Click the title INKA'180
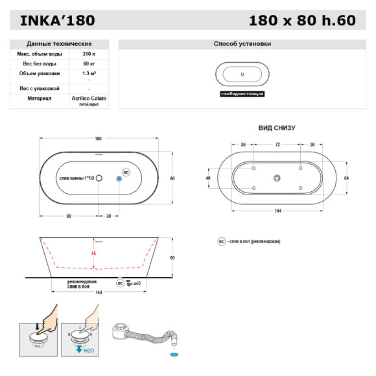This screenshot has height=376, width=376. (x=57, y=20)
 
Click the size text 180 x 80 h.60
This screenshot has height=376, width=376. (x=302, y=20)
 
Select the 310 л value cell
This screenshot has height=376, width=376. (x=88, y=54)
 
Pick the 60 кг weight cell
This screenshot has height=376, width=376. (x=88, y=64)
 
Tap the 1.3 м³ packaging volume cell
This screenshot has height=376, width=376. (x=88, y=75)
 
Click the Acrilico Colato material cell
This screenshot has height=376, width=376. (x=89, y=99)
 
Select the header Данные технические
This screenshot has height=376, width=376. (x=60, y=43)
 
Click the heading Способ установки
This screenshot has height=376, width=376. (x=242, y=43)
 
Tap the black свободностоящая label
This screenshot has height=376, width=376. (x=242, y=93)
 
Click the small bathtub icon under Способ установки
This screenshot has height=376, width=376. (x=242, y=73)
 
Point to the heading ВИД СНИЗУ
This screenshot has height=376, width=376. (x=277, y=128)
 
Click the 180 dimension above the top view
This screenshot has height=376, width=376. (x=99, y=139)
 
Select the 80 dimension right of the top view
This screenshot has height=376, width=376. (x=172, y=178)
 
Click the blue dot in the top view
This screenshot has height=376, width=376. (x=119, y=178)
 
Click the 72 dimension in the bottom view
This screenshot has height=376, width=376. (x=277, y=145)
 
